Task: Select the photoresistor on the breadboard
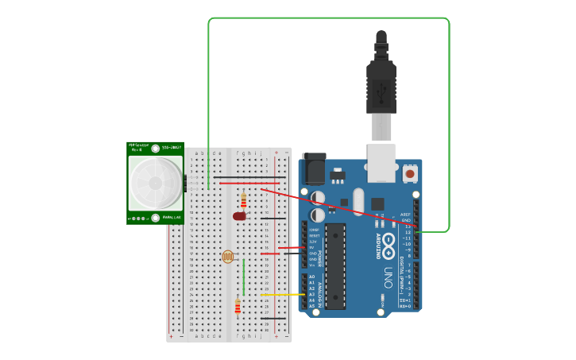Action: point(229,256)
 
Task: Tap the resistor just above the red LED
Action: point(243,199)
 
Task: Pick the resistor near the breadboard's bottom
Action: point(237,307)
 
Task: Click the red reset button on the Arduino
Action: point(410,172)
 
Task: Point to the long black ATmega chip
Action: point(335,265)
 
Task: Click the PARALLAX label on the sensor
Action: point(172,217)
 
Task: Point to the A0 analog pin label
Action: point(311,277)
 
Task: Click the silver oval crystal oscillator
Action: point(358,202)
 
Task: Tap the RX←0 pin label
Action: point(405,306)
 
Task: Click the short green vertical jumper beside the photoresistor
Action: point(243,270)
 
